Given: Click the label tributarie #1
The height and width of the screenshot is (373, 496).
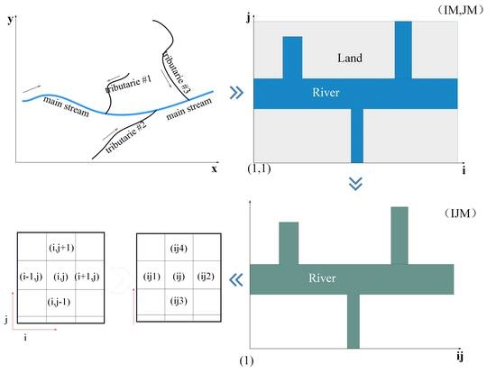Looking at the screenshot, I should click(x=129, y=86).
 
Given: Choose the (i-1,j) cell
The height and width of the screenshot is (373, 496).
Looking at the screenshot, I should click(x=32, y=275).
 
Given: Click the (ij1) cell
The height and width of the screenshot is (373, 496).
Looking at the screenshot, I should click(x=151, y=275).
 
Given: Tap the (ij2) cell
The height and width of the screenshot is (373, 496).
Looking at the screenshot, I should click(x=207, y=275).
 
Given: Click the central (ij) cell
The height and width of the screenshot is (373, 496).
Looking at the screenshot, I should click(x=179, y=275).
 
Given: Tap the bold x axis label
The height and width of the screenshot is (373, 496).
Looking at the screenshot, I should click(x=215, y=168).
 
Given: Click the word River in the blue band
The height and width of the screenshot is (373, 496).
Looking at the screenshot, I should click(x=326, y=93).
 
